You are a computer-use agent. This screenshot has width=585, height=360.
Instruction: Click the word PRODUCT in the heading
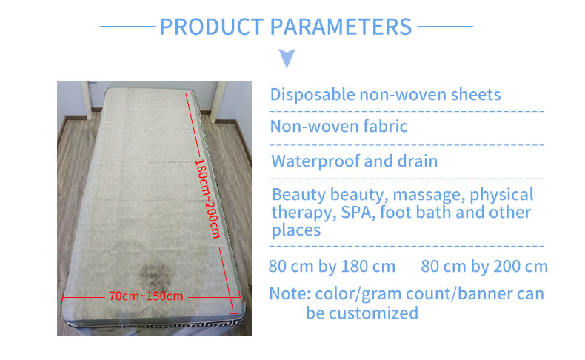pos(212,27)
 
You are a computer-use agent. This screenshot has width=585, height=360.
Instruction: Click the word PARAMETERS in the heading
pos(341,27)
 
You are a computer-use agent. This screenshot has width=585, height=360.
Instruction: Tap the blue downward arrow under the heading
pos(287,59)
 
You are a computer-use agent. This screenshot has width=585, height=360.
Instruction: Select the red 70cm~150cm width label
pos(146,296)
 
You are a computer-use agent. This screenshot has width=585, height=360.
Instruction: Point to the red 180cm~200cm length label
pos(207,199)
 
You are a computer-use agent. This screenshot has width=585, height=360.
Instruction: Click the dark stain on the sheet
pos(155,276)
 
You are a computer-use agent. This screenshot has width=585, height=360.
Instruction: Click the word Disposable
pos(312,95)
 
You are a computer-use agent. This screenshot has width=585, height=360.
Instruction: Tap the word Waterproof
pos(315,161)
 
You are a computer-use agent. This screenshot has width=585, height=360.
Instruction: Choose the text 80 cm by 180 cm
pos(332,267)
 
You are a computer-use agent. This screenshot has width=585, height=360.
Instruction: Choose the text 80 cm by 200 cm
pos(484,267)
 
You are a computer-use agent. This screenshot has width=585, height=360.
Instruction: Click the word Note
pos(290,293)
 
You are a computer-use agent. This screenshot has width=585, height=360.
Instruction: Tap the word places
pos(296,230)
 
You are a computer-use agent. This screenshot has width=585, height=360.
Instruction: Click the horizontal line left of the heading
pos(127,26)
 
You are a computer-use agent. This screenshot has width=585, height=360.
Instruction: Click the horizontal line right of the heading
pos(445,26)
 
